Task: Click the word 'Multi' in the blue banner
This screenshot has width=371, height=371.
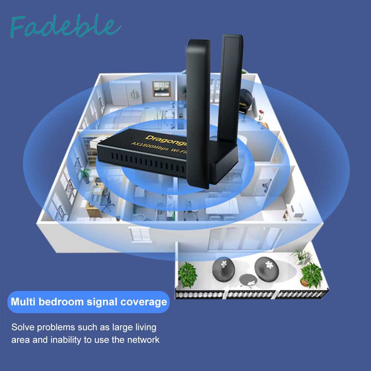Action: click(x=23, y=302)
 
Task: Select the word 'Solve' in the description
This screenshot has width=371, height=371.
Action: click(x=22, y=327)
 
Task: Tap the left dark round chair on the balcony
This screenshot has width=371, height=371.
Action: click(x=223, y=266)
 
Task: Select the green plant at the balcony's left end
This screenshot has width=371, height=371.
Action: click(x=187, y=274)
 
